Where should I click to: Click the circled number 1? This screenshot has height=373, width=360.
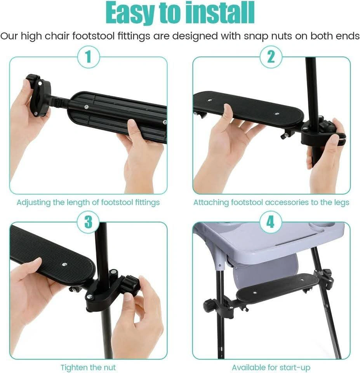pos(89,57)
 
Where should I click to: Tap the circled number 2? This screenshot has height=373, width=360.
pos(271,57)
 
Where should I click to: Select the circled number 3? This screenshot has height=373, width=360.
pos(88,222)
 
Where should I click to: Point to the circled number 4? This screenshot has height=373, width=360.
pos(270,222)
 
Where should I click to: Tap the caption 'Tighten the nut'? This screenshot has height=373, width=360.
pos(88,367)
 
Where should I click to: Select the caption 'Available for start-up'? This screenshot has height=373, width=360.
pos(271,367)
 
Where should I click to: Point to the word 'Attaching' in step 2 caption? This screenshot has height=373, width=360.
pos(211,203)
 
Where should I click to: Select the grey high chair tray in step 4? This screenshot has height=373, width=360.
pos(269,240)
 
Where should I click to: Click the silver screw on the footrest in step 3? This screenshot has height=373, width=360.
pos(64,264)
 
